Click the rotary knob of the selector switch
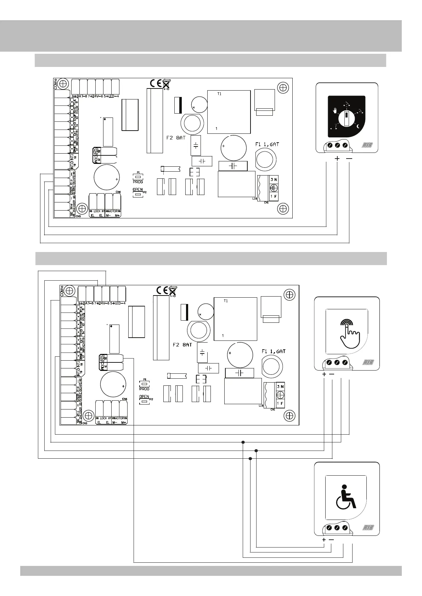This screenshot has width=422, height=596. coord(345,118)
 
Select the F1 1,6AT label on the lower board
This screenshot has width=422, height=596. coord(273,351)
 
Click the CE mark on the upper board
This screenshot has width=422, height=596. coord(156,83)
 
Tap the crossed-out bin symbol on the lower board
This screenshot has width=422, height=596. coord(172,291)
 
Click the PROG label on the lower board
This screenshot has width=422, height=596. coord(144,389)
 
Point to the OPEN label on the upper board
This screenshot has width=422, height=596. coord(137,190)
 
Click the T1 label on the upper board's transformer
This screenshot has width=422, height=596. coord(219,94)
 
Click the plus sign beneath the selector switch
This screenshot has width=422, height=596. coord(337,159)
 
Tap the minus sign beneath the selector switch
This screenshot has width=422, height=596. coord(349,159)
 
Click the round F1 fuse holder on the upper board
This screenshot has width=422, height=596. coord(265,158)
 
